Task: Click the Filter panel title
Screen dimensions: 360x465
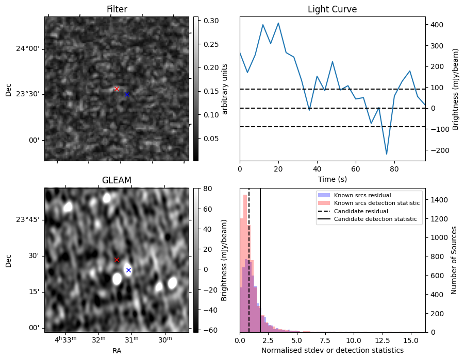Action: coord(117,9)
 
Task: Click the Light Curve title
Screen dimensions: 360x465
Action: coord(332,9)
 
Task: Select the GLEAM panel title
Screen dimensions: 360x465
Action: coord(117,180)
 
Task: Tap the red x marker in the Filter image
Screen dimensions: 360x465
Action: coord(117,89)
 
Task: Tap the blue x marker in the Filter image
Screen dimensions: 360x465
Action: coord(127,94)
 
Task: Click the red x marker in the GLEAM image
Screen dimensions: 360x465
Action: coord(117,260)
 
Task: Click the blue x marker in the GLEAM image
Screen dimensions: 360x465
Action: coord(128,270)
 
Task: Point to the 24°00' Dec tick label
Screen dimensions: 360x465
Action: coord(28,49)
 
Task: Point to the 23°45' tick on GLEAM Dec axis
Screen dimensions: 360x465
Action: coord(28,220)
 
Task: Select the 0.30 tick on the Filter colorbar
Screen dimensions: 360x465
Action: coord(208,21)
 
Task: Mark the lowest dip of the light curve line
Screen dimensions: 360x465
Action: coord(387,154)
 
